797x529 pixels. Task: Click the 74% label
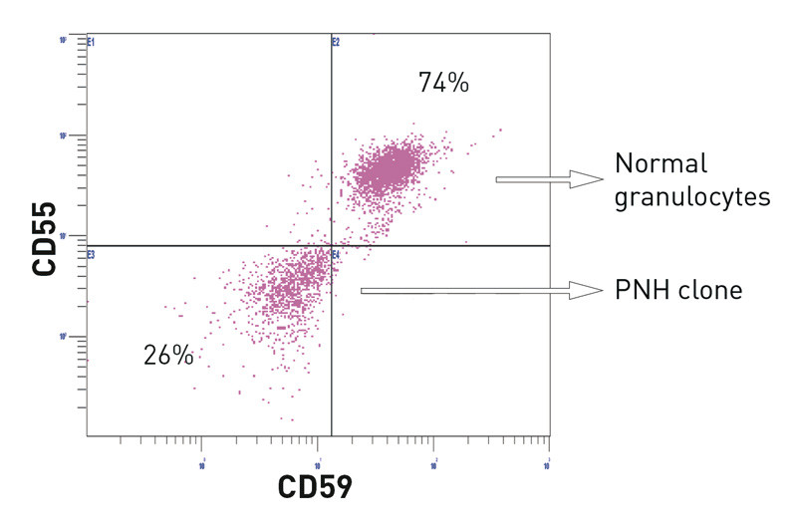tap(443, 84)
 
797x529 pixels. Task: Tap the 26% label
tap(168, 355)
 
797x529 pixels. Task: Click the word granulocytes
tap(692, 196)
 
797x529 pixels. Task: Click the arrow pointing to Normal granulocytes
tap(549, 179)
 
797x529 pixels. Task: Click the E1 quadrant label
tap(91, 43)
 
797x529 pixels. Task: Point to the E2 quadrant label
tap(336, 43)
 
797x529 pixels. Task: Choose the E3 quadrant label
tap(91, 255)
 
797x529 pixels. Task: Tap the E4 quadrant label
tap(336, 255)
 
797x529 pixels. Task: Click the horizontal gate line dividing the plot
tap(199, 245)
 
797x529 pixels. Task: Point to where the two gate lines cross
tap(331, 245)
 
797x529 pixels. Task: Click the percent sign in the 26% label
tap(183, 355)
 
